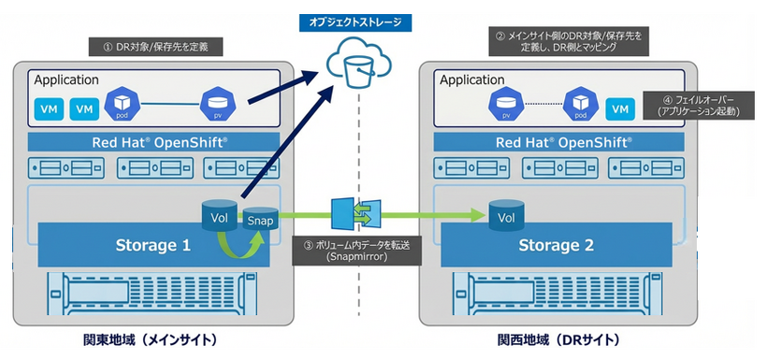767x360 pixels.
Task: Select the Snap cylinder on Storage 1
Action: [259, 222]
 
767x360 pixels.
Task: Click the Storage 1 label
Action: [152, 247]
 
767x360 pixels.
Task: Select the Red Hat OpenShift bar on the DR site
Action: [556, 143]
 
